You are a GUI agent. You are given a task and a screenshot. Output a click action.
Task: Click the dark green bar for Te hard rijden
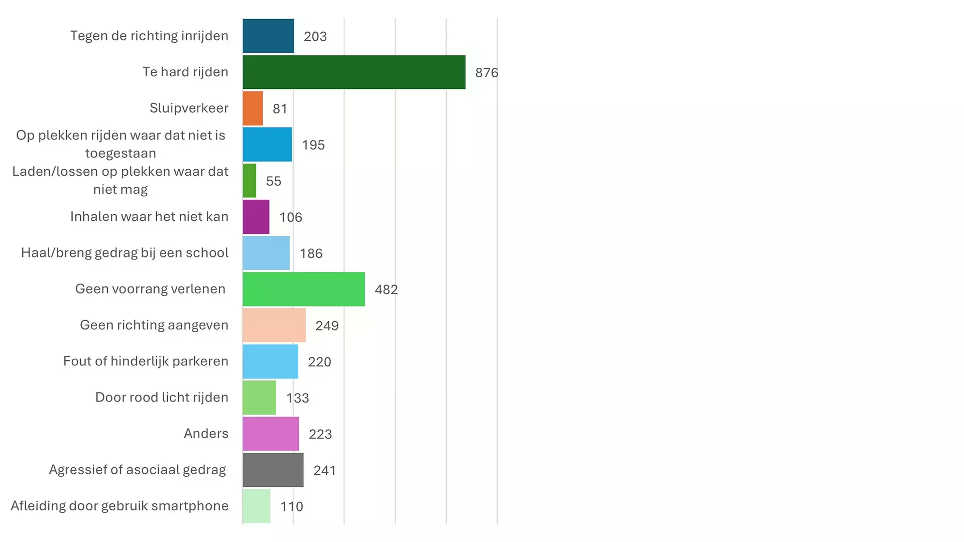(354, 72)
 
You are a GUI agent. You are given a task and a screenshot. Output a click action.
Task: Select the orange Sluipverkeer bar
(253, 108)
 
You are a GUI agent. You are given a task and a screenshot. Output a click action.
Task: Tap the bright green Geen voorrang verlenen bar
(304, 289)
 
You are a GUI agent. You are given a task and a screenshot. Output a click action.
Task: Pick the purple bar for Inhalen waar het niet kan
(256, 217)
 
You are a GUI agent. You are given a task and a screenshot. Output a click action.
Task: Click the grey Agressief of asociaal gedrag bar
(273, 470)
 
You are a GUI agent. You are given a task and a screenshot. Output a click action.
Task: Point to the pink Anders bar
(271, 434)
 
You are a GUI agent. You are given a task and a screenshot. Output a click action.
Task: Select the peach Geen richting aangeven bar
(274, 325)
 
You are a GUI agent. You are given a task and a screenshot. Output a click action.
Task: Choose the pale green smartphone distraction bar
(257, 506)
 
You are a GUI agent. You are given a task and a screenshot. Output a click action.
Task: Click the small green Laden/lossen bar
(250, 181)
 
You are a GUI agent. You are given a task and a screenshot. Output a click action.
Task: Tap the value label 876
(487, 73)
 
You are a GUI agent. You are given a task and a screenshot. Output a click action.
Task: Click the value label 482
(386, 290)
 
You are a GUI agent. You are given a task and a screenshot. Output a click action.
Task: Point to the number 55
(274, 181)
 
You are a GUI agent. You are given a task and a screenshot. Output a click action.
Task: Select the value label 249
(327, 326)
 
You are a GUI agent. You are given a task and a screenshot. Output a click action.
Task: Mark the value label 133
(297, 398)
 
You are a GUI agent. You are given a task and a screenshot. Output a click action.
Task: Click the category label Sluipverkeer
(189, 108)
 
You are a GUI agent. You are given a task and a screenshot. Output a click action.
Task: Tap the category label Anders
(206, 433)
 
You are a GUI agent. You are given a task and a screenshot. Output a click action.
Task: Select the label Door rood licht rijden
(162, 397)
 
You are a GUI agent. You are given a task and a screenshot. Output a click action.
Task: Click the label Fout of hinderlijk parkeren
(146, 361)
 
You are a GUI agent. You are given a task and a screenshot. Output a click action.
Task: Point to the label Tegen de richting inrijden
(149, 36)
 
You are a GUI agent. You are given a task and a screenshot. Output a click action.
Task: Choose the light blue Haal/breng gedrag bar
(266, 253)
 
